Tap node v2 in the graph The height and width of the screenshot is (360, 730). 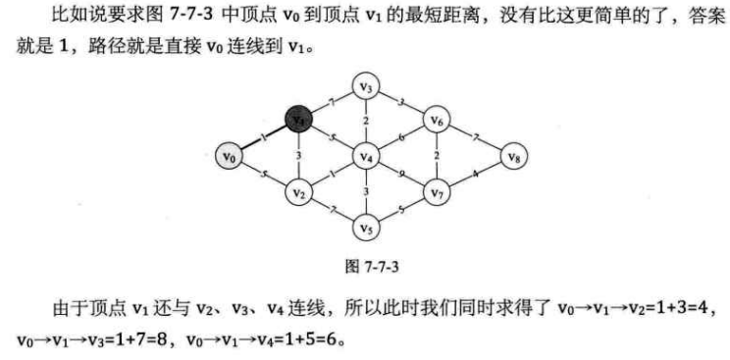(x=299, y=192)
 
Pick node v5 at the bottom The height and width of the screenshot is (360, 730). (x=366, y=228)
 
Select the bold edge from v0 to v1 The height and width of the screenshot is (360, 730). (x=263, y=137)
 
